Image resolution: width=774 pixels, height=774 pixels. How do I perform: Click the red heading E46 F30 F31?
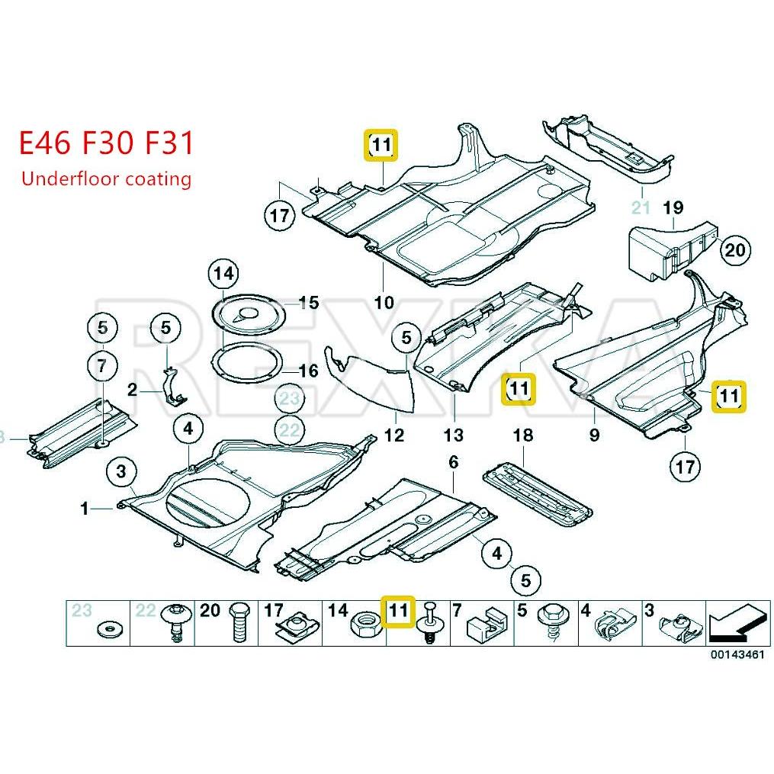point(107,143)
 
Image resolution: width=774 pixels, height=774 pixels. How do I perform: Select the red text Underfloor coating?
point(106,179)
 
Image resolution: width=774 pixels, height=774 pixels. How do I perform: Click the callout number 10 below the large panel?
point(384,302)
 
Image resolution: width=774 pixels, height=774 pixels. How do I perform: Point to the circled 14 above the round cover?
point(225,272)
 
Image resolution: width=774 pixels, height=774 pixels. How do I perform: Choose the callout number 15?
point(308,303)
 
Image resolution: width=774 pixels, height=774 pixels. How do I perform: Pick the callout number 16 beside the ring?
point(308,371)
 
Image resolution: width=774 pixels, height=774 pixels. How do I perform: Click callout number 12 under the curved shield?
point(393,435)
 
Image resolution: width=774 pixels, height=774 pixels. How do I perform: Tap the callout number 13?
point(453,435)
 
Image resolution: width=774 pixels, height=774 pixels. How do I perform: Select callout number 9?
point(594,435)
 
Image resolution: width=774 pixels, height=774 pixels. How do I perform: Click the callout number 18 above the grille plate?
point(522,435)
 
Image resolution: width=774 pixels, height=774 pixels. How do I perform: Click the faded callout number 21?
point(641,207)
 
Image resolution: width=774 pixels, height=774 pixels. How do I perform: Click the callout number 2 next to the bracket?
point(132,390)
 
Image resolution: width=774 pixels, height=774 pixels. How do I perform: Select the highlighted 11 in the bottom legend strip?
point(398,610)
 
